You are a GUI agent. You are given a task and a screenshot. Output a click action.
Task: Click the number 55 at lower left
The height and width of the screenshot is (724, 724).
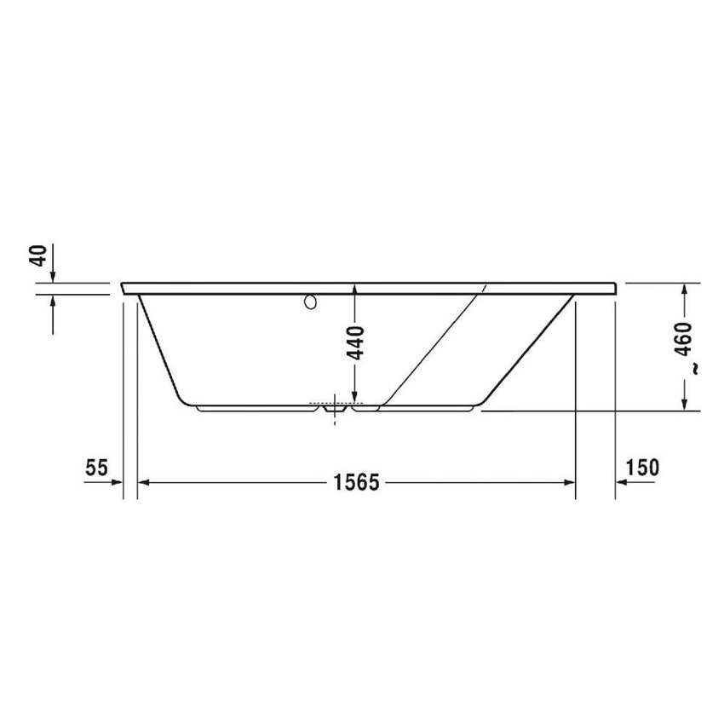pos(96,467)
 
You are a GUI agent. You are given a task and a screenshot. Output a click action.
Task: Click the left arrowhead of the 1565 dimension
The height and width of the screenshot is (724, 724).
pos(144,483)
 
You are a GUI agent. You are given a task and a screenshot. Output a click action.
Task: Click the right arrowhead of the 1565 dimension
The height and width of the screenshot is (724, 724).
pos(570,483)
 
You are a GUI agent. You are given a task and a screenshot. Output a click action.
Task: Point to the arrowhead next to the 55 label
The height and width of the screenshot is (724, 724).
pos(118,483)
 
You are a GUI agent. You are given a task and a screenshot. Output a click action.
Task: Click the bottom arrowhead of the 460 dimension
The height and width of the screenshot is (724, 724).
pos(684,405)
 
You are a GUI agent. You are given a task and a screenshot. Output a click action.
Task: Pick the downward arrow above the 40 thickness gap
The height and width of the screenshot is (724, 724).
pos(53,276)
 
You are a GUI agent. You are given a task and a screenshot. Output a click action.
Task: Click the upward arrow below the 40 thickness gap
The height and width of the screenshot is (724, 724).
pos(53,301)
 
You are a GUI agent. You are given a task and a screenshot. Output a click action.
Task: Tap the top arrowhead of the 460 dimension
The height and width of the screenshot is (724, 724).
pos(684,290)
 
